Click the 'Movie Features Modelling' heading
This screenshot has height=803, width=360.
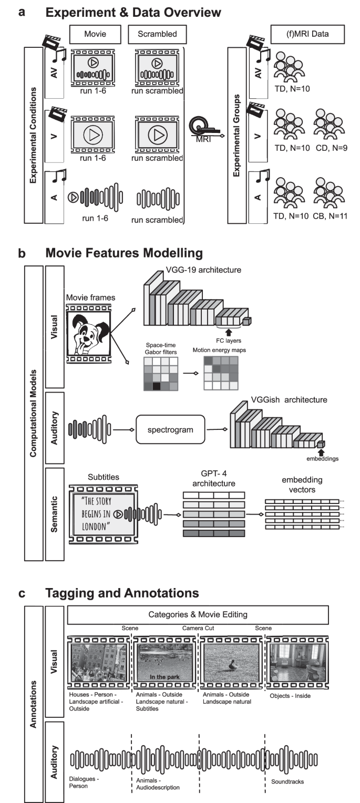click(124, 253)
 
